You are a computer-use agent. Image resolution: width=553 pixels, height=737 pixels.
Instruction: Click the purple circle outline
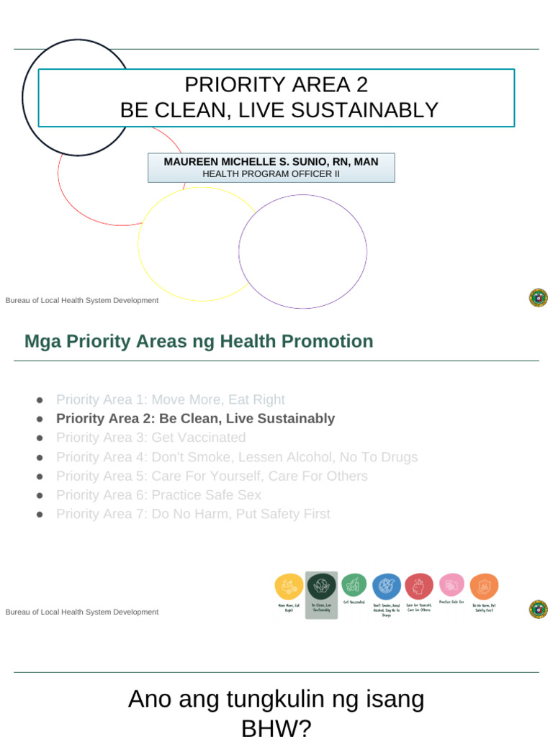tap(302, 195)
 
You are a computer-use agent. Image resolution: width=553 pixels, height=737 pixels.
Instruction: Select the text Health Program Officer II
tap(271, 174)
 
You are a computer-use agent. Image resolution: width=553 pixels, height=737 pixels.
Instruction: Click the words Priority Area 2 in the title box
tap(276, 85)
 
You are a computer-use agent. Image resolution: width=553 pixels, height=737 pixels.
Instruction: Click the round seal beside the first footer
tap(538, 298)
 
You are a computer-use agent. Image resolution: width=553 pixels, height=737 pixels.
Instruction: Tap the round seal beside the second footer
tap(538, 610)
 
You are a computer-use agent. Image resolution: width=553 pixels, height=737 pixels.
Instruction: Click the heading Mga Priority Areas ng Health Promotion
tap(199, 341)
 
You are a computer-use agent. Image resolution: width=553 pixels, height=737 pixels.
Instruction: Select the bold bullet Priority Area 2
tap(195, 418)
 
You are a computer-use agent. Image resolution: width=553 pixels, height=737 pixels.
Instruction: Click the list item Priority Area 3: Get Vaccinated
tap(150, 438)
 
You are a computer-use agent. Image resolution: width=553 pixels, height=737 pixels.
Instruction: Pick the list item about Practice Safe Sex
tap(158, 495)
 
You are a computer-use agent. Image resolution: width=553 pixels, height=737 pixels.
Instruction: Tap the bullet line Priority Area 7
tap(193, 514)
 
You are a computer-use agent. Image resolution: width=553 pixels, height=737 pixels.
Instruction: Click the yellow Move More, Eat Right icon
tap(289, 587)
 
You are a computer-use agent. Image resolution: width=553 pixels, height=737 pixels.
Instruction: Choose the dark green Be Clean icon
tap(321, 586)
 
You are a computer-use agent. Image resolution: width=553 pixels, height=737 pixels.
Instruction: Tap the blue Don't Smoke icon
tap(387, 587)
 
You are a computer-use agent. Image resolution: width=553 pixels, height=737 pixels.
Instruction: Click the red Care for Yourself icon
tap(419, 587)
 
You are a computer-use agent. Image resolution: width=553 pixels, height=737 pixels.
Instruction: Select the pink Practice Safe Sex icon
tap(451, 585)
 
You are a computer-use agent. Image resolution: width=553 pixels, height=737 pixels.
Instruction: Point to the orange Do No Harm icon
tap(484, 587)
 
